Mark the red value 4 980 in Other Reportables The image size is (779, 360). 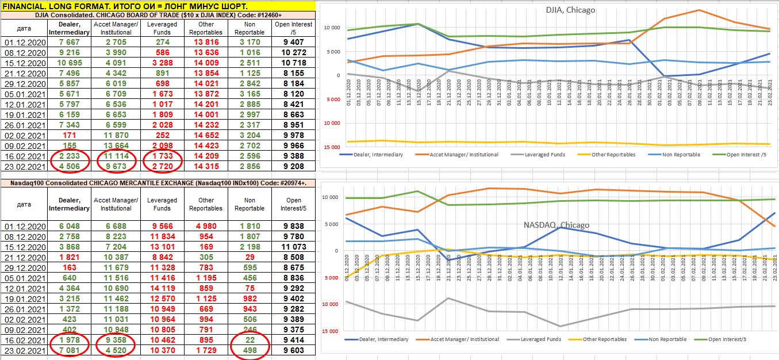tap(206, 226)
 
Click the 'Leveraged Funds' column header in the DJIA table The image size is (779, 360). tap(162, 28)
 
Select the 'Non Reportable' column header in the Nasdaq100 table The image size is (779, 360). tap(250, 204)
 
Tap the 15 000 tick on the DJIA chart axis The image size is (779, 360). tap(330, 147)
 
